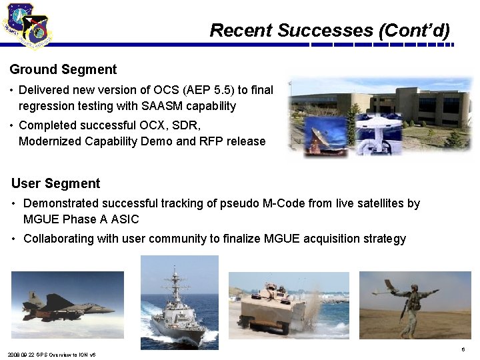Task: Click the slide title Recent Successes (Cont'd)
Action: click(329, 30)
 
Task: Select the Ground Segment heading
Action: click(63, 69)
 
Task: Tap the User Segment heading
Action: click(56, 183)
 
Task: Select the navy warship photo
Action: click(179, 303)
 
